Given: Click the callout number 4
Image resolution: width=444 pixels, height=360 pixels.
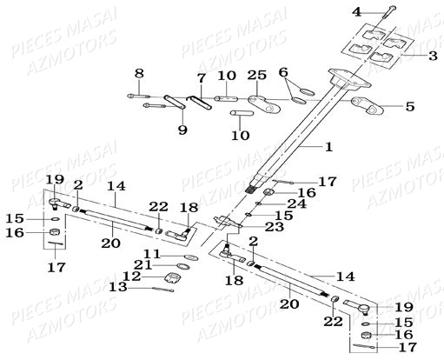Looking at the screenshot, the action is click(x=357, y=12).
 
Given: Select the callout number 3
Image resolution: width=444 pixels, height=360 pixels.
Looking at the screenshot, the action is click(x=433, y=55).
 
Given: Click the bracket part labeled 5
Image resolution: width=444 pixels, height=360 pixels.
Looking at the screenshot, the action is click(x=367, y=105).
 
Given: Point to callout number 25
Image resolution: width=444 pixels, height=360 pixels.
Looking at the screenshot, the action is click(x=256, y=76).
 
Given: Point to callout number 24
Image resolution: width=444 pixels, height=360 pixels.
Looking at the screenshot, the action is click(x=296, y=203).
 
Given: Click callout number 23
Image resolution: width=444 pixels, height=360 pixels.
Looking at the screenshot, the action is click(x=275, y=226).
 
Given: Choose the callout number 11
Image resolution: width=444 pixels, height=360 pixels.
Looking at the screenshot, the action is click(x=152, y=254).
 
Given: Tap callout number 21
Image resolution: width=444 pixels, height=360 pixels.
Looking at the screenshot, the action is click(x=144, y=265).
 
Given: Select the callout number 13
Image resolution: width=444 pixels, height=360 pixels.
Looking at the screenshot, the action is click(x=118, y=287).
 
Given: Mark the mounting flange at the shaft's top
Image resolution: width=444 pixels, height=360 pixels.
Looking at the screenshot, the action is click(x=350, y=78).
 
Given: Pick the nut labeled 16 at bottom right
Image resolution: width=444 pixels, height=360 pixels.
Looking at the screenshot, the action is click(x=367, y=335).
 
